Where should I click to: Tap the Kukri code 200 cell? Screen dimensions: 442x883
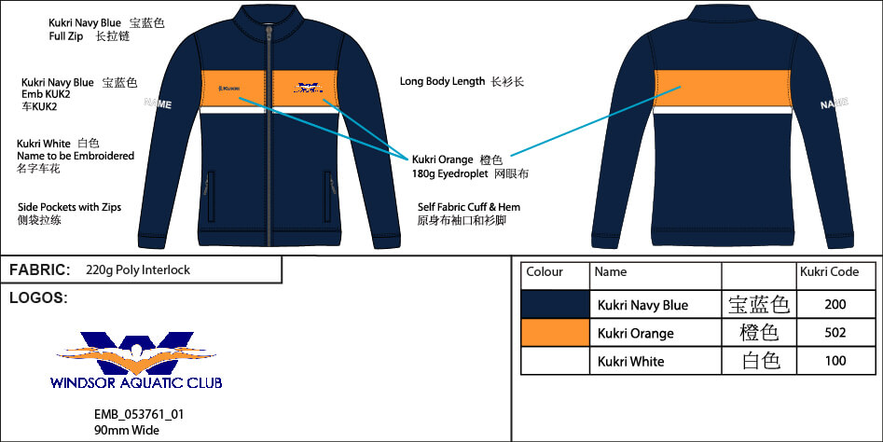coord(835,305)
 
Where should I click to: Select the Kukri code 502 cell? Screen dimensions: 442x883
coord(835,333)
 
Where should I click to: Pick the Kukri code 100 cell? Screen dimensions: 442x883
coord(835,361)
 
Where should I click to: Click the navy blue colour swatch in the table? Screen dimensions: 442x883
coord(555,305)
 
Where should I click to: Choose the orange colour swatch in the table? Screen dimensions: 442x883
coord(555,333)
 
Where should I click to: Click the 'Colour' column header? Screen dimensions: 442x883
coord(545,272)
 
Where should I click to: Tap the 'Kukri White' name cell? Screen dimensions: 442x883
coord(630,362)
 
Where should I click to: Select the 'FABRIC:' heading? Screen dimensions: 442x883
coord(40,270)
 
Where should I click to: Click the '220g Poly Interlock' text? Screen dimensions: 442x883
coord(137,270)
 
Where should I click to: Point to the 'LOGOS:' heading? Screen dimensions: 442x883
coord(38,298)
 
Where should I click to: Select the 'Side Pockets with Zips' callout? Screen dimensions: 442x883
coord(69,207)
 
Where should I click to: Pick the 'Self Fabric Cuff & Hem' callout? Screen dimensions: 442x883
coord(469,207)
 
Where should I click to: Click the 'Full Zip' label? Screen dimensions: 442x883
coord(68,36)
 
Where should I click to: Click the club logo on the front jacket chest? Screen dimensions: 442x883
coord(308,90)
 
